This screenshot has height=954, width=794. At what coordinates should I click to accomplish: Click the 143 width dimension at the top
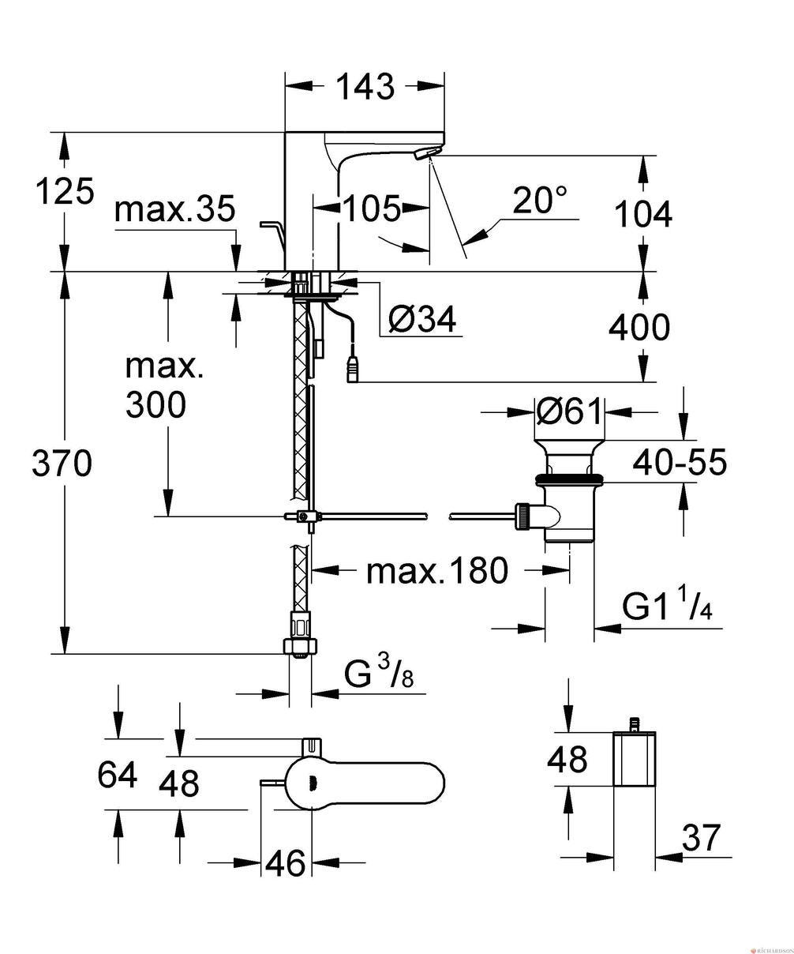[x=365, y=87]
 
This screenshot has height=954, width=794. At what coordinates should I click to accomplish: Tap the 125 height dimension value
[x=65, y=191]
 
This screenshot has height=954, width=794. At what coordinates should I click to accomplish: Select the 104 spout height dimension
[x=643, y=214]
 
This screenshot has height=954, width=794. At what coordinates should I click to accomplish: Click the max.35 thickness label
[x=174, y=208]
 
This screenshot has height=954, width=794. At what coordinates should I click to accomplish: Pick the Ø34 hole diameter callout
[x=422, y=318]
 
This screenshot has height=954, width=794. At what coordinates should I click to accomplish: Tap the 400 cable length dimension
[x=639, y=327]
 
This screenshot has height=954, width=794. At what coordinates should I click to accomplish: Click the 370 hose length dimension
[x=62, y=464]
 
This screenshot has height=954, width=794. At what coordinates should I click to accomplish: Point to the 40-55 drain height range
[x=680, y=462]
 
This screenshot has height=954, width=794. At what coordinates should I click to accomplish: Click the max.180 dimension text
[x=437, y=571]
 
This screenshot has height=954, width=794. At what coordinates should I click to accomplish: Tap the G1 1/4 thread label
[x=668, y=606]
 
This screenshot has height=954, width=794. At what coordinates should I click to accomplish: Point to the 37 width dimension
[x=701, y=837]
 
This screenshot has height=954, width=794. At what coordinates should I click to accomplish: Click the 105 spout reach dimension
[x=371, y=208]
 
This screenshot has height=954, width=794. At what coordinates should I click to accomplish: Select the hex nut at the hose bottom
[x=300, y=645]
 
